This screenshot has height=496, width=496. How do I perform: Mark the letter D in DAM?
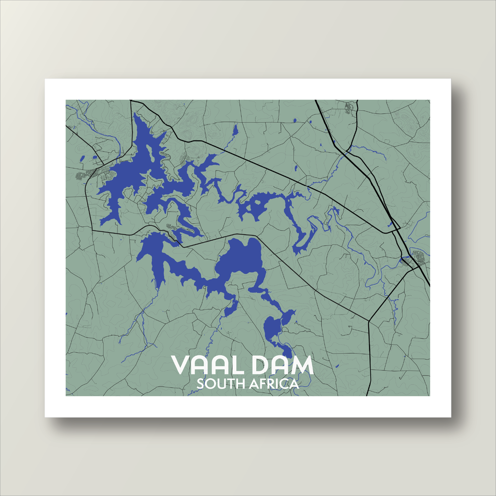(x=262, y=366)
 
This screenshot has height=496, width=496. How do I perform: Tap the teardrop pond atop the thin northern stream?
(x=235, y=130)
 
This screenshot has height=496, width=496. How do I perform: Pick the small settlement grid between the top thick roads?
(x=348, y=108)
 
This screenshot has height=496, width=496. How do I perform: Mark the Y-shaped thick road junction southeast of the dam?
(x=369, y=321)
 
